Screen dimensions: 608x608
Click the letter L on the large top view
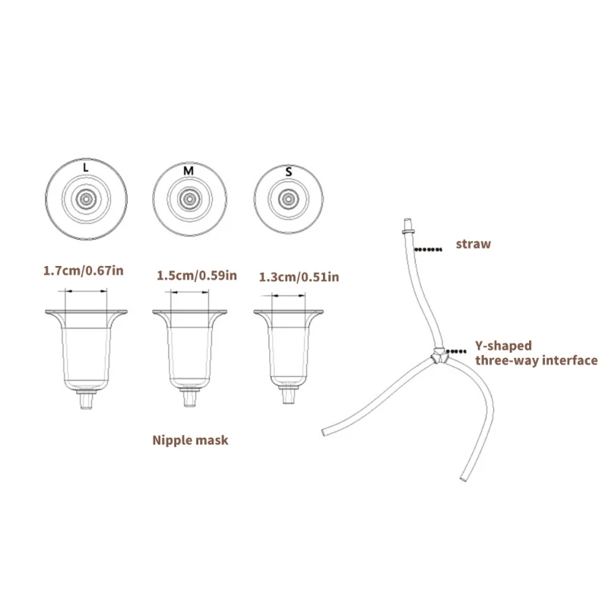coord(86,167)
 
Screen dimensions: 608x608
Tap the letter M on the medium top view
coord(188,170)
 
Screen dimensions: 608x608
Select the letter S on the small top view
coord(289,172)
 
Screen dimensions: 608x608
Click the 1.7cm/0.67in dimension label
coord(84,271)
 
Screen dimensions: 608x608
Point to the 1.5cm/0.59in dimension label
coord(197,275)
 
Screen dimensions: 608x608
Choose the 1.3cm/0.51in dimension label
coord(299,277)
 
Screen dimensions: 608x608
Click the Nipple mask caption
coord(190,440)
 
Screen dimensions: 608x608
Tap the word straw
coord(473,244)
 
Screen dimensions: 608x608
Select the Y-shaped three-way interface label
coord(537,353)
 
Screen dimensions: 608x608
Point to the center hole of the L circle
coord(86,199)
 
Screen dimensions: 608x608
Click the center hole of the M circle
coord(189,199)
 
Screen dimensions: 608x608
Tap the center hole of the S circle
coord(288,199)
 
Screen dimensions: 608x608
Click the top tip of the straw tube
coord(407,220)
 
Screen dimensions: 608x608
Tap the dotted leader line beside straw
coord(428,249)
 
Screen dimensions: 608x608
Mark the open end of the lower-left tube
coord(325,432)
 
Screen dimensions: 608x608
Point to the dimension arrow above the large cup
coord(86,290)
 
